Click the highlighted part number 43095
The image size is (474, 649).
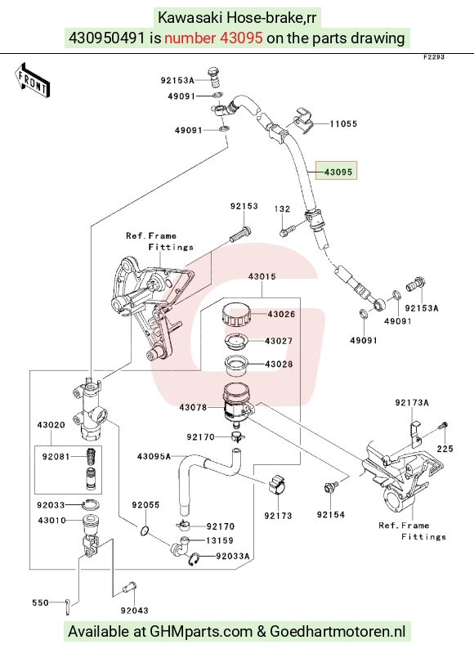338,172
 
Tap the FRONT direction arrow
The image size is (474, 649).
33,80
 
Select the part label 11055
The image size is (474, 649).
343,123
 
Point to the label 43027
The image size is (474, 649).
279,341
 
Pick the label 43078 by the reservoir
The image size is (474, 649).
193,407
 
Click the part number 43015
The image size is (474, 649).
262,276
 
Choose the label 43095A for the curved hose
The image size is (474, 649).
154,456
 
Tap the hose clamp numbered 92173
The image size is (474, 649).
276,486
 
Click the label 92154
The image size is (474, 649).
331,514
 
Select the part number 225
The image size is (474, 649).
445,448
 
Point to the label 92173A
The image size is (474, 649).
412,402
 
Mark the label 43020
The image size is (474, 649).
51,425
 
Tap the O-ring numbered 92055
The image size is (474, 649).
145,530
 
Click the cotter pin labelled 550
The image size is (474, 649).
68,605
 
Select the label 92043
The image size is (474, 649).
135,610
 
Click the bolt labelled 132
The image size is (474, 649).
288,230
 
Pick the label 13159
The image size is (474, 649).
220,540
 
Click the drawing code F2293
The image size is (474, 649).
433,57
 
